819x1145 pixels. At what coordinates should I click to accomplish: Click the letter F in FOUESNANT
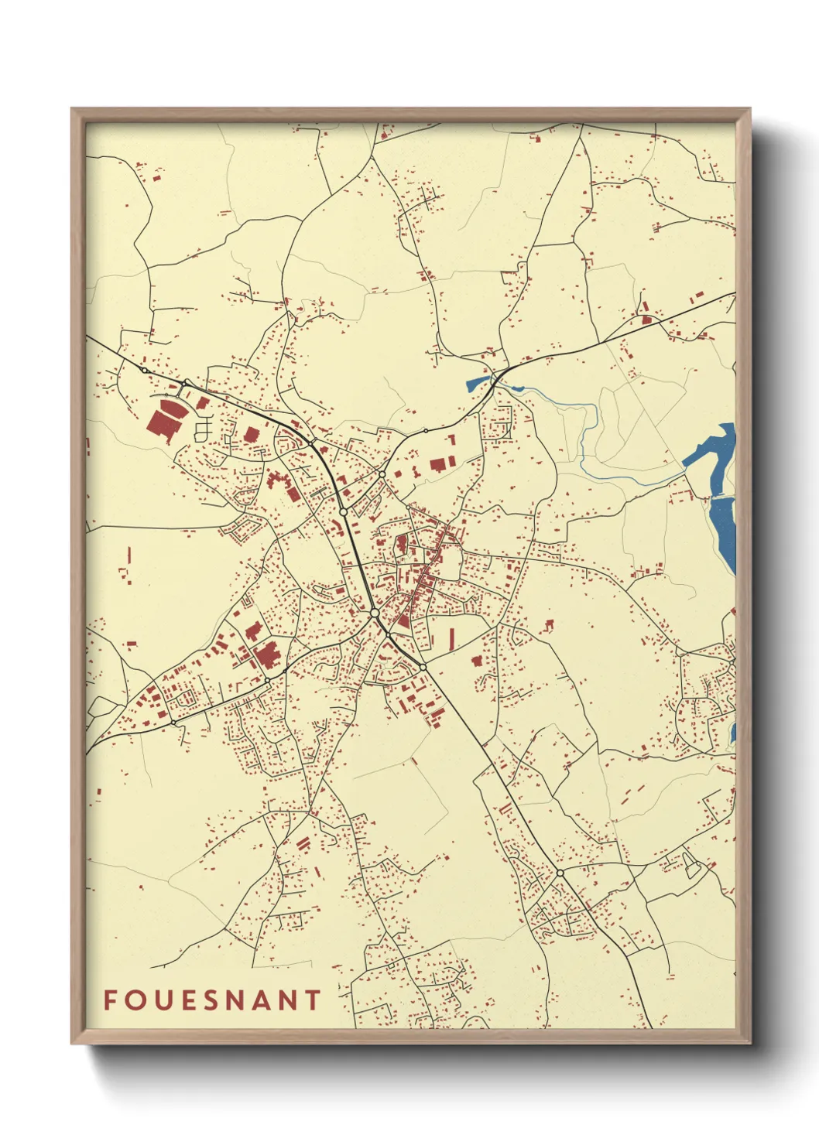(x=110, y=1000)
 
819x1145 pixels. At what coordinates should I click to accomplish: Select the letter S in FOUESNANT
(x=211, y=1000)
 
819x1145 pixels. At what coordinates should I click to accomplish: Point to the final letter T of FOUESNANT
(x=313, y=1000)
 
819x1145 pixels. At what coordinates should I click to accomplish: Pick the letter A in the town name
(x=262, y=1000)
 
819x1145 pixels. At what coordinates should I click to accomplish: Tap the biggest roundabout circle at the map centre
(x=375, y=613)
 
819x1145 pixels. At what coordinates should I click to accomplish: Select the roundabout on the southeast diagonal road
(x=560, y=873)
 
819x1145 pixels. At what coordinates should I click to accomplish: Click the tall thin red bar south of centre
(x=453, y=638)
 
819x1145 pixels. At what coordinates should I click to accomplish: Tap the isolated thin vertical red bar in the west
(x=129, y=555)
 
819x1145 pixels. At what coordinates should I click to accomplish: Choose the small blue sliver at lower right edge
(x=732, y=732)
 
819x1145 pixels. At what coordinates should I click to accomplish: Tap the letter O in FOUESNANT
(x=135, y=1000)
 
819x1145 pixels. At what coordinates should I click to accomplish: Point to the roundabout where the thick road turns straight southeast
(x=423, y=666)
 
